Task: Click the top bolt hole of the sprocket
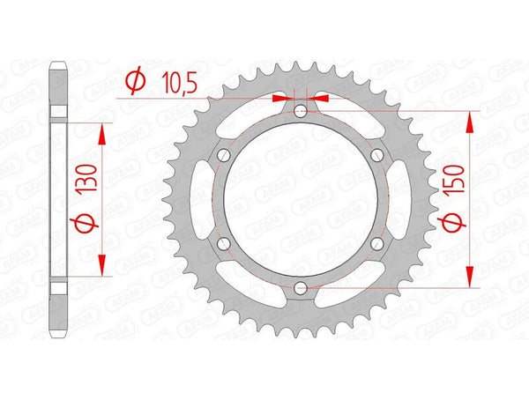[x=301, y=112]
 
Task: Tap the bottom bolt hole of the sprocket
[x=301, y=287]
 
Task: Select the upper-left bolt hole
[x=224, y=155]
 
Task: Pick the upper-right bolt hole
[x=376, y=155]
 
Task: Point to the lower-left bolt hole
[x=224, y=243]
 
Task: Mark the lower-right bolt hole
[x=376, y=243]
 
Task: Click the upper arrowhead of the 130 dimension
[x=103, y=134]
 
